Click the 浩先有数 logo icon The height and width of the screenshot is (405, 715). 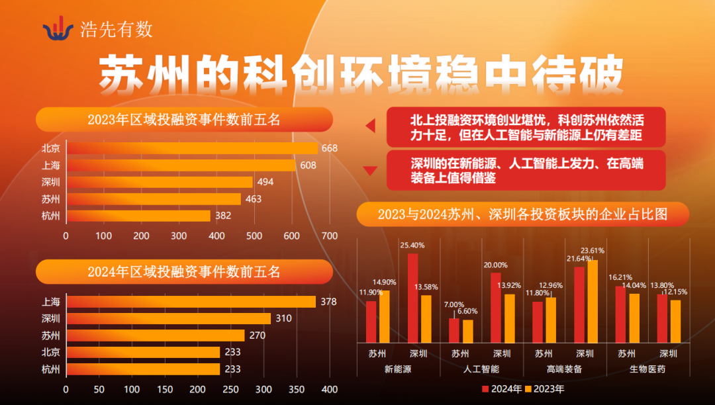58,28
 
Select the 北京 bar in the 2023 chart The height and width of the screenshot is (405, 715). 192,148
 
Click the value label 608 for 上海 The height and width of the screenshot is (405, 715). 308,165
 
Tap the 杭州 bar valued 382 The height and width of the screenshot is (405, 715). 138,216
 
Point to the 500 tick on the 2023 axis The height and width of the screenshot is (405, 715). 254,236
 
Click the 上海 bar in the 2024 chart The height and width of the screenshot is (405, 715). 191,302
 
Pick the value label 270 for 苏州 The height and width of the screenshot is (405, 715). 258,336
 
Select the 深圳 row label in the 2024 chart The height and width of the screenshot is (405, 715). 50,319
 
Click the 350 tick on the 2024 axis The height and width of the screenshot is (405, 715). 296,389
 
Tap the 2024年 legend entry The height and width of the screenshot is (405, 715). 502,388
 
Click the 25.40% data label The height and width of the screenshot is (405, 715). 412,245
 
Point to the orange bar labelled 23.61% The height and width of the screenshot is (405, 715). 593,301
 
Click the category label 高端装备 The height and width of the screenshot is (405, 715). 565,369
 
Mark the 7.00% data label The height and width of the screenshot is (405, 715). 454,304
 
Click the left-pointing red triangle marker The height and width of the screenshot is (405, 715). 371,126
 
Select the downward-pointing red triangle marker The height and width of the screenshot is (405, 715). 371,171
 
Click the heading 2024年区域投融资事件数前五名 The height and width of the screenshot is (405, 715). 184,272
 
